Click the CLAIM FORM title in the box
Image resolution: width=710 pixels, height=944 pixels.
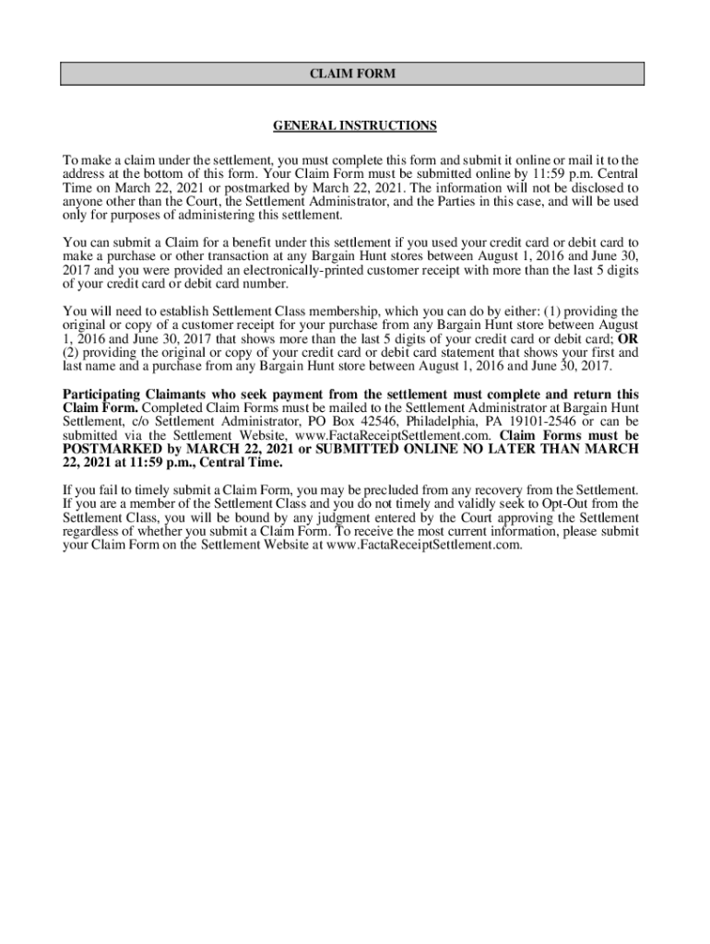(x=352, y=74)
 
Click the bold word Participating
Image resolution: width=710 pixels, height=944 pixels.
(x=101, y=395)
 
